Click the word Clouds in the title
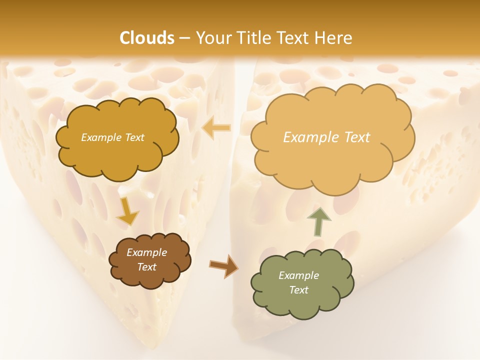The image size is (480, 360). (147, 38)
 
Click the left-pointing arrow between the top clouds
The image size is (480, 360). (216, 128)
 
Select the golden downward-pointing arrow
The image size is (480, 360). (127, 212)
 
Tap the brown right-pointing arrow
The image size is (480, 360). (223, 265)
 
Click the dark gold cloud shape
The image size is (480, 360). (116, 138)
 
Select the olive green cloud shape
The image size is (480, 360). (302, 283)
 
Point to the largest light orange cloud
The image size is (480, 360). (332, 137)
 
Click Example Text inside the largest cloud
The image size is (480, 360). (326, 137)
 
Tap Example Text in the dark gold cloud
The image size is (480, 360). (112, 137)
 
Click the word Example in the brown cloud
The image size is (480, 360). (146, 252)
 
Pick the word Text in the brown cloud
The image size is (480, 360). (146, 267)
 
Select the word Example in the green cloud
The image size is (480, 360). (298, 275)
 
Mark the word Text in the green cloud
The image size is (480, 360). (298, 290)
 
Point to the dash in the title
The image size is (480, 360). (184, 38)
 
